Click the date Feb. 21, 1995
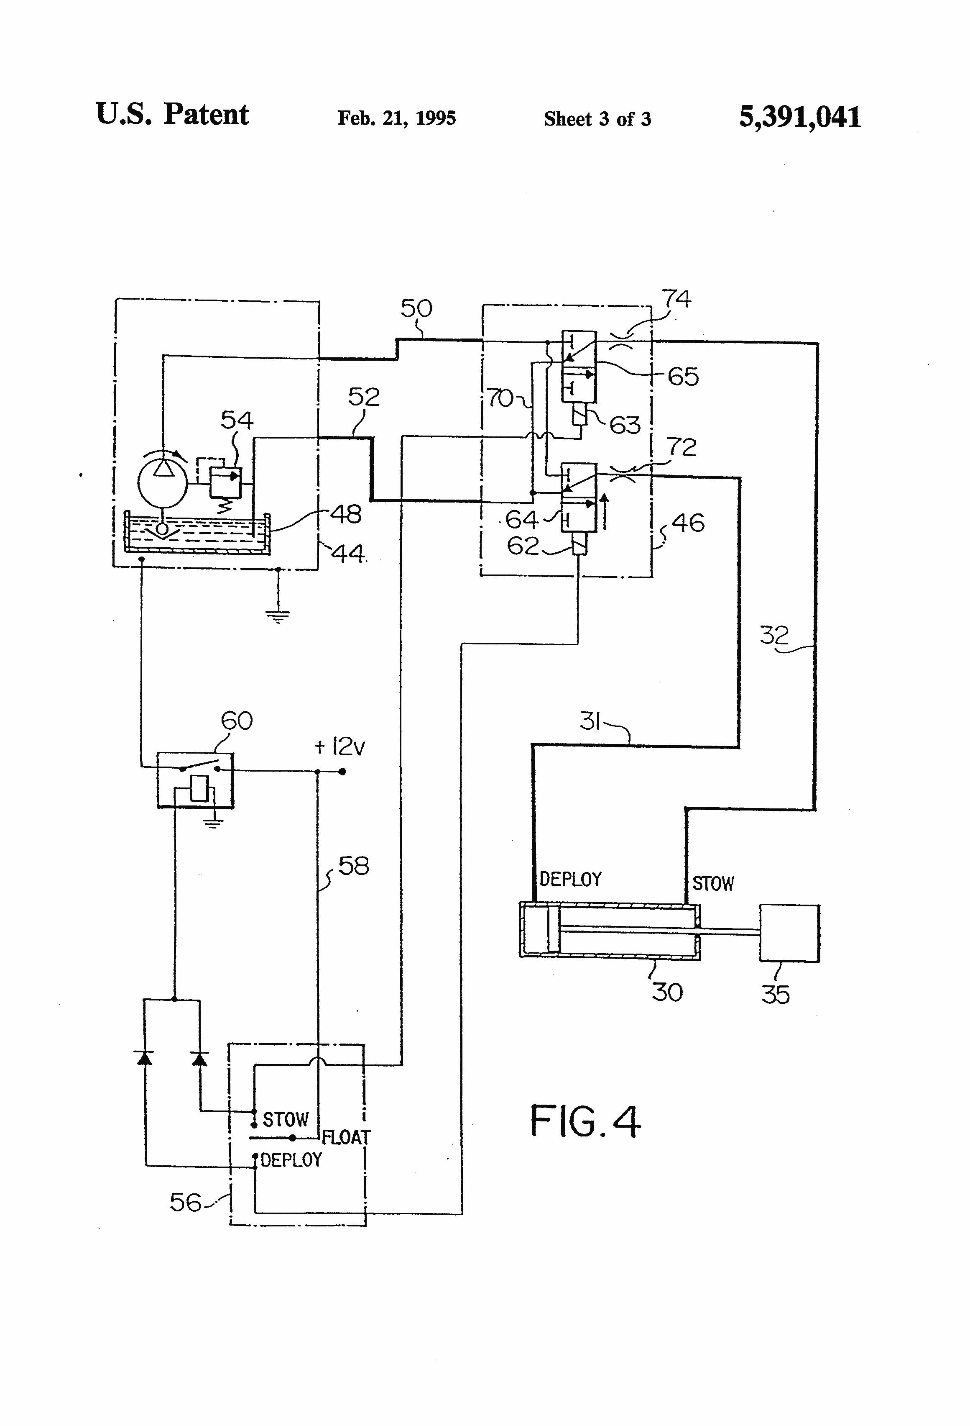(x=397, y=118)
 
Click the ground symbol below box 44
(x=278, y=616)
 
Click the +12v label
(x=339, y=747)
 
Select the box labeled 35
(x=789, y=933)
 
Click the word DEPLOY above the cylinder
(x=570, y=879)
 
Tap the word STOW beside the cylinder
(x=713, y=884)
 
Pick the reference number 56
(x=186, y=1203)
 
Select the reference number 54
(x=237, y=421)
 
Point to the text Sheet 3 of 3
(x=597, y=119)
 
